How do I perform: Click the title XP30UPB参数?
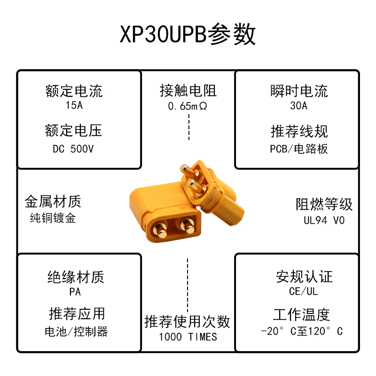[188, 34]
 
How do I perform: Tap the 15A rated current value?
[74, 105]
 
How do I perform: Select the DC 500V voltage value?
[73, 149]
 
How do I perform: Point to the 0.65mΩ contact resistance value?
[188, 106]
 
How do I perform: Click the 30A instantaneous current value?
[299, 106]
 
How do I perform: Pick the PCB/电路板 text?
[299, 149]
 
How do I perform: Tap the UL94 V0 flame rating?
[324, 220]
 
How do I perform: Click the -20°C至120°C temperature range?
[302, 331]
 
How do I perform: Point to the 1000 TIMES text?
[188, 337]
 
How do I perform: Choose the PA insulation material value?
[75, 292]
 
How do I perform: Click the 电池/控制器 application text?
[76, 332]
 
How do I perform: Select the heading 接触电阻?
[188, 90]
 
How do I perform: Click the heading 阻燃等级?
[324, 204]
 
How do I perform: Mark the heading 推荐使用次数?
[188, 321]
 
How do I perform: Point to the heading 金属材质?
[53, 202]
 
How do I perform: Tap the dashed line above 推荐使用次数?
[188, 282]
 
